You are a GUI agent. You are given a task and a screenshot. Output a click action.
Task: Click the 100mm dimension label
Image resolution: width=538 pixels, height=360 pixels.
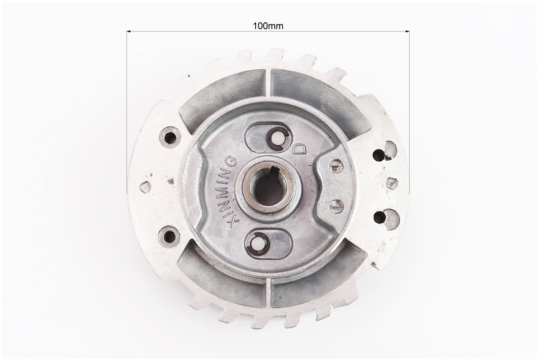pos(268,26)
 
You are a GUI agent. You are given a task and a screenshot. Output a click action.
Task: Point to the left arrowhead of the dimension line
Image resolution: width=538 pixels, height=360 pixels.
pos(129,31)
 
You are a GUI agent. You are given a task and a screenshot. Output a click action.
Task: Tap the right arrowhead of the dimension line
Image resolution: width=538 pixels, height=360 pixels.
pos(407,31)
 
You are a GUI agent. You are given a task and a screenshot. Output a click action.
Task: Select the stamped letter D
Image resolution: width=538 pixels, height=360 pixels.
pos(299,148)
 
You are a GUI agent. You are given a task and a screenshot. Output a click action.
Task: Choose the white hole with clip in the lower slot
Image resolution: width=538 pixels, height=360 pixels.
pos(257,244)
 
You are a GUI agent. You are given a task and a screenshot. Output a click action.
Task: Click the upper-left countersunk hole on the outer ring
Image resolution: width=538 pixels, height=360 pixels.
pos(169,137)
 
